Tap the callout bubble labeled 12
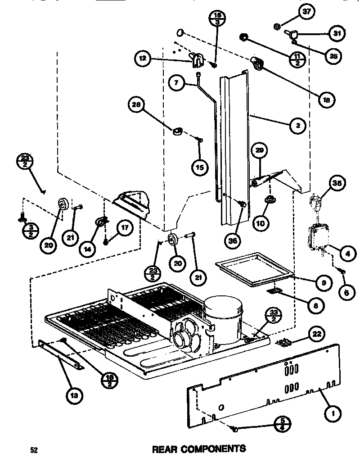pyautogui.click(x=142, y=59)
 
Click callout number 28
pyautogui.click(x=135, y=104)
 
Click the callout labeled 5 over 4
pyautogui.click(x=282, y=424)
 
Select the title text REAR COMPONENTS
pyautogui.click(x=199, y=449)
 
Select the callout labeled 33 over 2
pyautogui.click(x=273, y=315)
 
